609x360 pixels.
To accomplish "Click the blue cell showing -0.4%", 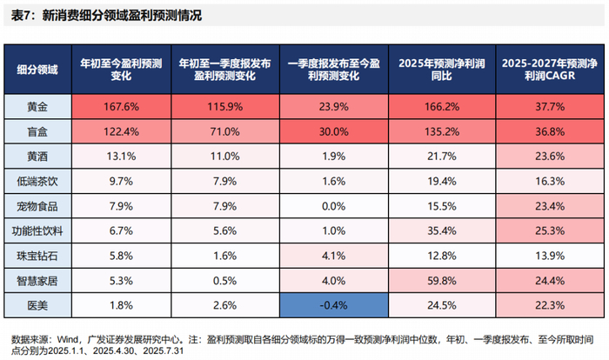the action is [333, 305].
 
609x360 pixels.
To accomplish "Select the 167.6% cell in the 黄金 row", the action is [121, 106].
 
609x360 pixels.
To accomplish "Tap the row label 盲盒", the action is [37, 131].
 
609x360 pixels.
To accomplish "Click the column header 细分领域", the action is [37, 70].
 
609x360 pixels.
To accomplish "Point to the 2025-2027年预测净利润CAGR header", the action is [550, 70].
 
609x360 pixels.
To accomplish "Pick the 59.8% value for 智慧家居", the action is [442, 280].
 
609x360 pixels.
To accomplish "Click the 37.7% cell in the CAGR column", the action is [550, 106].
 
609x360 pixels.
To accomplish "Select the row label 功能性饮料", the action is [37, 231].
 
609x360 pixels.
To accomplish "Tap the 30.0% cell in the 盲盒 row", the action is [333, 131].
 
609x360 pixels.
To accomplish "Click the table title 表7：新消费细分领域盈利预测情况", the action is [106, 16].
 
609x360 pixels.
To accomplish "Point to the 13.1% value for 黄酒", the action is [121, 157].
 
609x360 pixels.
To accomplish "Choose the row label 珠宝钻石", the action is [37, 256].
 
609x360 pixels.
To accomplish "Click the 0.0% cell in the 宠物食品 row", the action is [333, 206].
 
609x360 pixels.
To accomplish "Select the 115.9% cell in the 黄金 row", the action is [224, 106].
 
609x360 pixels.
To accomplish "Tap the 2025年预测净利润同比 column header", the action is [442, 70].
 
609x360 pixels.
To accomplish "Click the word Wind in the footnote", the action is [68, 340].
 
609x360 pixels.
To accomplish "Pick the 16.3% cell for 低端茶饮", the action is [550, 182].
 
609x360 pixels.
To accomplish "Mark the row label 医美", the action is [37, 305].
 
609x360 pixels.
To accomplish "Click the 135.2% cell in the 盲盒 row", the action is [442, 131].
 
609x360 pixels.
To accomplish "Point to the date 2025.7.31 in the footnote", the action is [164, 351].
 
